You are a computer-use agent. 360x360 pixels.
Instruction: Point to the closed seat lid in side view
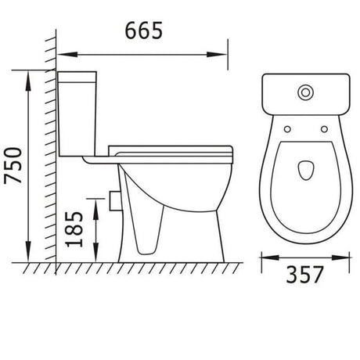pyautogui.click(x=172, y=149)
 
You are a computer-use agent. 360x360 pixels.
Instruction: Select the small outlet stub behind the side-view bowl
pyautogui.click(x=116, y=202)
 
